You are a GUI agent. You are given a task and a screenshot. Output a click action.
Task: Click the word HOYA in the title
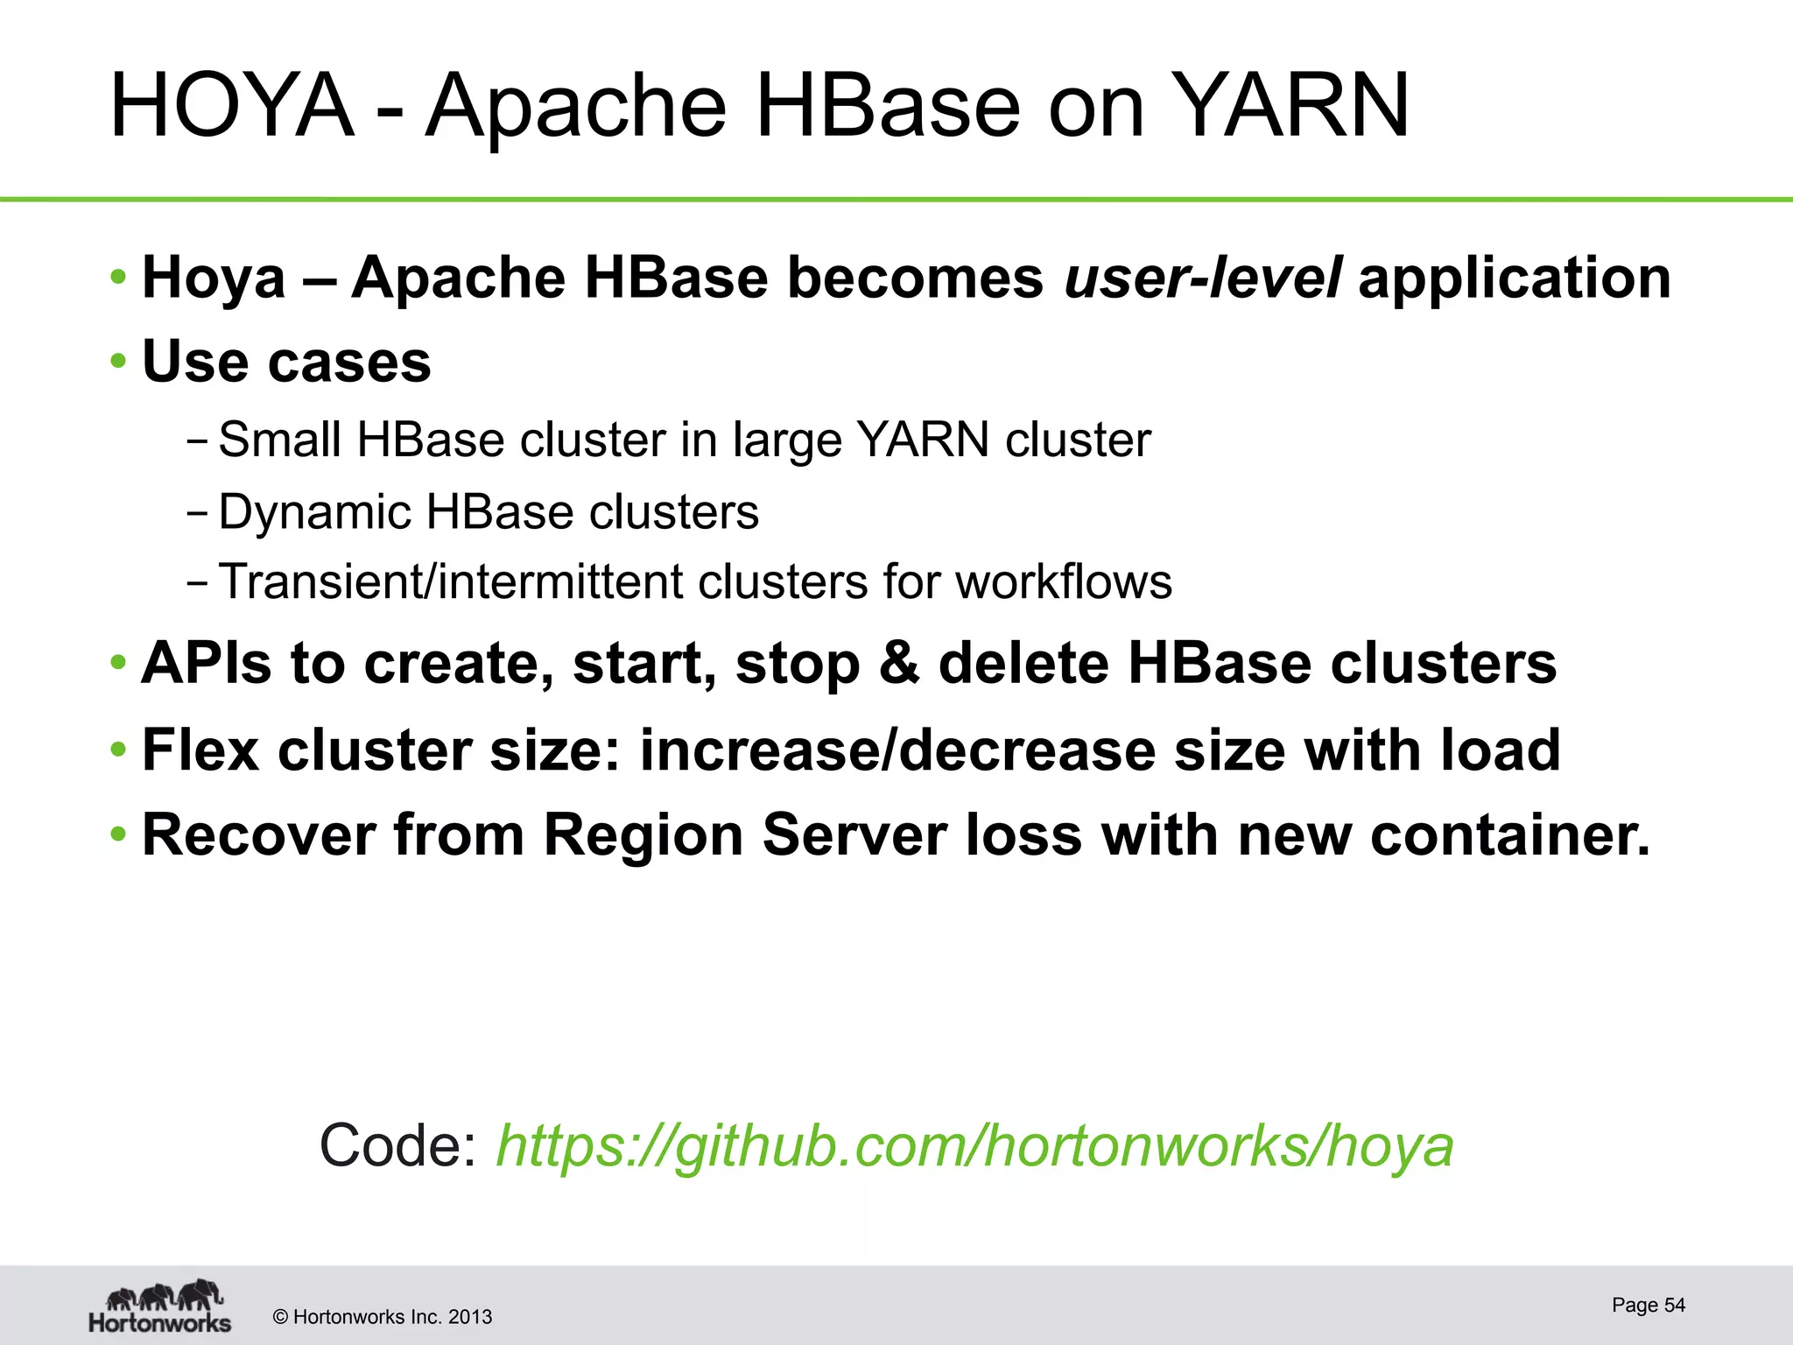[x=231, y=106]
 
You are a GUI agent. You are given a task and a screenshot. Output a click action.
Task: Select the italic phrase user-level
[x=1202, y=278]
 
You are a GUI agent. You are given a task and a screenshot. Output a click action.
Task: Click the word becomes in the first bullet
[x=915, y=278]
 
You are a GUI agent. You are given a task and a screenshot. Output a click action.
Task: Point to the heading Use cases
[x=286, y=361]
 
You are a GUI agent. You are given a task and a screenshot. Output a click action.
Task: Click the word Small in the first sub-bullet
[x=279, y=440]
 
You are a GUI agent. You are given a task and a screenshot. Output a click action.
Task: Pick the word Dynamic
[x=314, y=511]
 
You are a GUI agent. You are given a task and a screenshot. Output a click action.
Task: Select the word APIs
[x=207, y=663]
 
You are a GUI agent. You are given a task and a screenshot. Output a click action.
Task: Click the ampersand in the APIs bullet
[x=899, y=663]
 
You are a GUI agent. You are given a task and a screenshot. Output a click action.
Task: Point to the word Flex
[x=200, y=750]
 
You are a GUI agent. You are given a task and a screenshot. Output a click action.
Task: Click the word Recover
[x=258, y=834]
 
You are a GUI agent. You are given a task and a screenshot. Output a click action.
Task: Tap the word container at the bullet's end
[x=1509, y=834]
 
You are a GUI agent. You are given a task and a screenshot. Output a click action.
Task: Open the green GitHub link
[x=974, y=1145]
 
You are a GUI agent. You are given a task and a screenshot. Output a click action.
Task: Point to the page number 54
[x=1674, y=1305]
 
